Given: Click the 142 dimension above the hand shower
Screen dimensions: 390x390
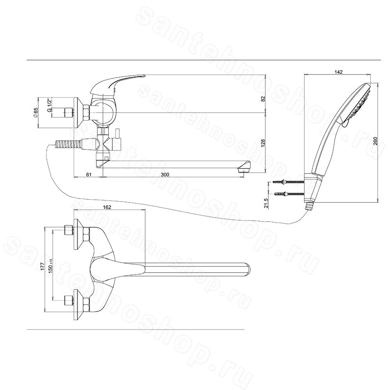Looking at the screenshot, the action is coord(339,72).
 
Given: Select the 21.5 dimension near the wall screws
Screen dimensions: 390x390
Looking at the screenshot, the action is coord(266,203).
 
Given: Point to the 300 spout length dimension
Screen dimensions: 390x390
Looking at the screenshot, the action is coord(165,175).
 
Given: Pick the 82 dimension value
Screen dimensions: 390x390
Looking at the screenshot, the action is coord(263,99).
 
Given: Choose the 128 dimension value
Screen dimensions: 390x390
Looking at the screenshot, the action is coord(263,143).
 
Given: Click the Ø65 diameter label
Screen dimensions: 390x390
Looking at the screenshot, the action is coord(35,112).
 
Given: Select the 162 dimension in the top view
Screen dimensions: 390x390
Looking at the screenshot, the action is coord(107,207).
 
